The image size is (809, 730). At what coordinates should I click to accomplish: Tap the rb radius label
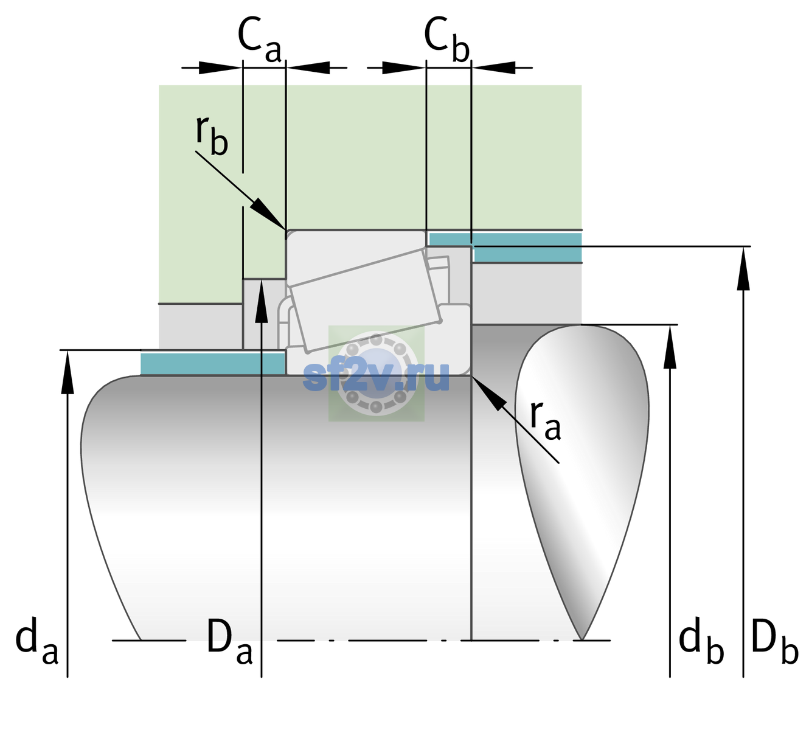coord(212,135)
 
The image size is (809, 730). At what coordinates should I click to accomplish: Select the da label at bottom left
coord(36,641)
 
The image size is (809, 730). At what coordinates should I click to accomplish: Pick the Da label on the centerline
coord(229,641)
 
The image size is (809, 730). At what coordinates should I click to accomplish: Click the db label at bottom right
coord(701,641)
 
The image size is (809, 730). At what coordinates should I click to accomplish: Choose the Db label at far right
coord(775,641)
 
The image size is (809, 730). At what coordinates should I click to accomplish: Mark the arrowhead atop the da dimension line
coord(68,371)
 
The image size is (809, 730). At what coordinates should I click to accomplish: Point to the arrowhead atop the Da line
coord(262,301)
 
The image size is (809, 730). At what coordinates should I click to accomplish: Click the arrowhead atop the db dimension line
coord(670,346)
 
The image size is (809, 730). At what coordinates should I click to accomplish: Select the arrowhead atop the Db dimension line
coord(743,268)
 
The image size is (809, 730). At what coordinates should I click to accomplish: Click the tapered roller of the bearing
coord(365,301)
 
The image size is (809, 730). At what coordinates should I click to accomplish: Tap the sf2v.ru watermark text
coord(377,377)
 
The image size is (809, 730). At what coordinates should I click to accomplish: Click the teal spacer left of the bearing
coord(212,363)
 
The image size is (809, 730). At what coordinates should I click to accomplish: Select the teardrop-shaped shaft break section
coord(582,482)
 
